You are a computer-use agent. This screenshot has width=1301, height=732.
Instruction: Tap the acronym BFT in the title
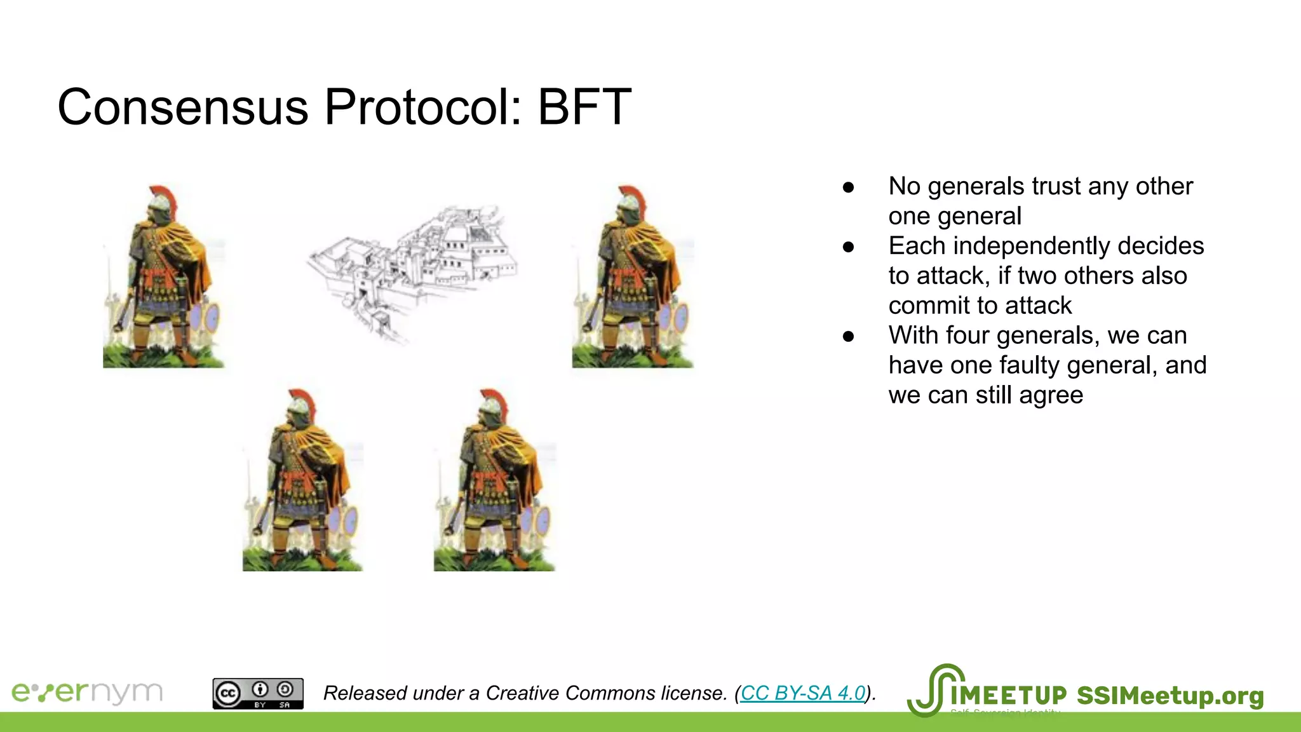point(584,107)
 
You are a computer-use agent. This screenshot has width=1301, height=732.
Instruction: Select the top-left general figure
point(164,277)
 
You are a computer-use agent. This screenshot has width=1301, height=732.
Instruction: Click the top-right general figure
point(633,277)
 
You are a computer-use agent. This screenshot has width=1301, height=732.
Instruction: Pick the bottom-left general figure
point(303,480)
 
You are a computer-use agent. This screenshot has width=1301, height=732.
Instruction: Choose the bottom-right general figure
point(495,480)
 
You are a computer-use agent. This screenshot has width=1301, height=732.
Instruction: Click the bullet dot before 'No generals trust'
point(848,187)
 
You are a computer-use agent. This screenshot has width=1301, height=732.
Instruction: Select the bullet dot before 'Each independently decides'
point(848,247)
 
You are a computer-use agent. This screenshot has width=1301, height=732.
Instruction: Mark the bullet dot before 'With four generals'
point(848,337)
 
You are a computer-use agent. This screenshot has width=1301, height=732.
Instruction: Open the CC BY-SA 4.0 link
point(803,693)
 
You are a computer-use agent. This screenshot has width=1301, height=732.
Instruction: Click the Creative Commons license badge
point(258,693)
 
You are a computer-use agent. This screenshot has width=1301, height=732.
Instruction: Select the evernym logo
point(88,692)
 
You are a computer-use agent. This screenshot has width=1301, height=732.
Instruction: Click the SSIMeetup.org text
point(1170,696)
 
